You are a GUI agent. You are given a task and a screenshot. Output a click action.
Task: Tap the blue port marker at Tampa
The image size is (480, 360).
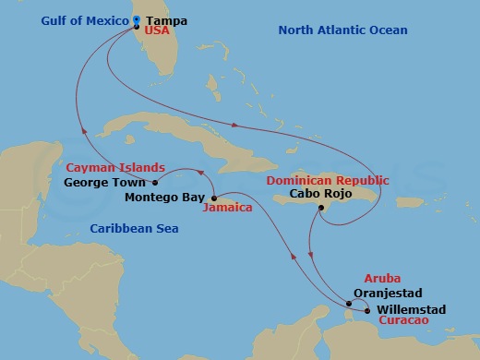[136, 19]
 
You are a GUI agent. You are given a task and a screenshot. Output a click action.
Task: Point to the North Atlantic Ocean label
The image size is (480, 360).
[342, 31]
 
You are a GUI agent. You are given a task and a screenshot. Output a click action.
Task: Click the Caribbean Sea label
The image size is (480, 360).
[128, 228]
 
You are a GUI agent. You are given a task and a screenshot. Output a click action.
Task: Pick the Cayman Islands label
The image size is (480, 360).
[115, 168]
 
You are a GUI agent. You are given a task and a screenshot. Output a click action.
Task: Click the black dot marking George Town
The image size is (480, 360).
[155, 183]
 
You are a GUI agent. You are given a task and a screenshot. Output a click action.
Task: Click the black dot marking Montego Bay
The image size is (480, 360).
[212, 198]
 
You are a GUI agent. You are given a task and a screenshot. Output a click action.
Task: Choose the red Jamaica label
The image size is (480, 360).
[227, 209]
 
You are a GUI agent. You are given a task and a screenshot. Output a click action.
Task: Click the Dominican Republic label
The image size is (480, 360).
[329, 180]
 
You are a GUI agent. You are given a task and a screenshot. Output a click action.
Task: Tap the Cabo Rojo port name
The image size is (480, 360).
[319, 195]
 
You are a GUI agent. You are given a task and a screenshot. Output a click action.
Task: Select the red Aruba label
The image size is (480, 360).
[382, 278]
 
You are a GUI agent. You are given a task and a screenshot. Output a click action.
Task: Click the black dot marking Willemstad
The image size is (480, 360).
[368, 311]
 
